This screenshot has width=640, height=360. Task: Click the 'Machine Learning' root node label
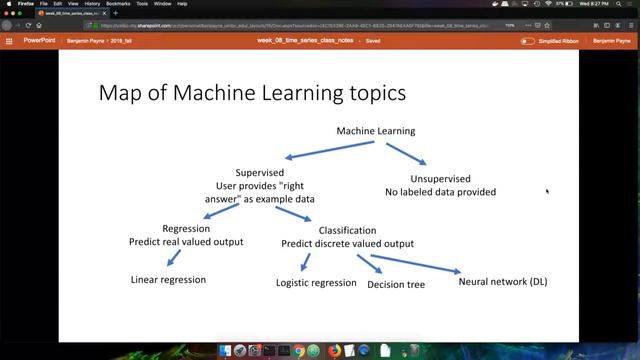[x=375, y=131]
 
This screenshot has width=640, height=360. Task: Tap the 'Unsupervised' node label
[x=440, y=178]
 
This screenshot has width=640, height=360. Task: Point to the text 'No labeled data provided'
[x=441, y=192]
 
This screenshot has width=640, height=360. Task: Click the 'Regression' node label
[x=186, y=228]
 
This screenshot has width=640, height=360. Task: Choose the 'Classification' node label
[x=347, y=230]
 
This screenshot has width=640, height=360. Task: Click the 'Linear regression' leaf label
[x=168, y=280]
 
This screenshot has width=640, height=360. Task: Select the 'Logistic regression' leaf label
[x=316, y=283]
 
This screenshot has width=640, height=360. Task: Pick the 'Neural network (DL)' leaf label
[x=503, y=282]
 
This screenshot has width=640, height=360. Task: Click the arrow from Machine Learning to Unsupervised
[x=405, y=152]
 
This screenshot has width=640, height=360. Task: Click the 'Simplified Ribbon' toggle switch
[x=528, y=41]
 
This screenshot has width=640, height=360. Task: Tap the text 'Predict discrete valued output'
[x=347, y=243]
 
